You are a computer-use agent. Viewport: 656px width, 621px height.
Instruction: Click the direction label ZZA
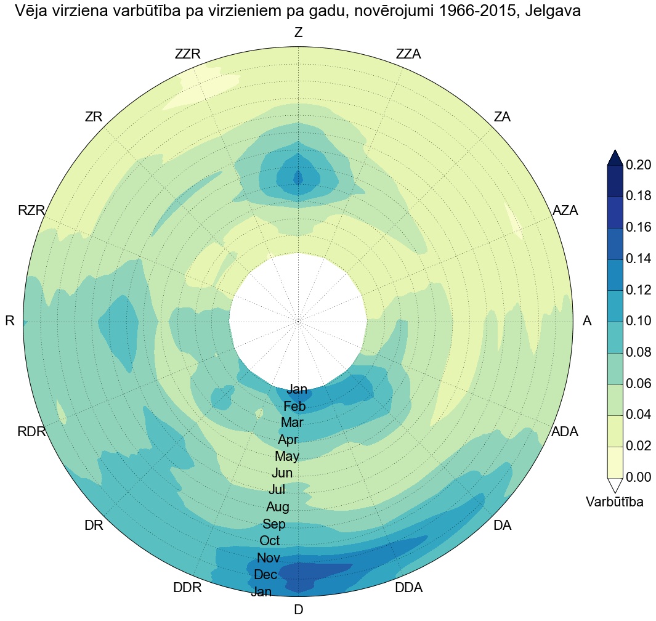pyautogui.click(x=408, y=54)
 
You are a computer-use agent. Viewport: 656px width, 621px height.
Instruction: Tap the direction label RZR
pyautogui.click(x=31, y=211)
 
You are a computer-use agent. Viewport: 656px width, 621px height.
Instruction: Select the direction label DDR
pyautogui.click(x=187, y=588)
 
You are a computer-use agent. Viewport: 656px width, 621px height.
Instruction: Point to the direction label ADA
pyautogui.click(x=565, y=432)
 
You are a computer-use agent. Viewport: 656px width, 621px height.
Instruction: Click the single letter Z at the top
pyautogui.click(x=299, y=33)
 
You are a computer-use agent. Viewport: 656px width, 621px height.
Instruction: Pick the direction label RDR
pyautogui.click(x=32, y=432)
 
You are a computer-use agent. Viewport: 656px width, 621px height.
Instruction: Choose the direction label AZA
pyautogui.click(x=565, y=211)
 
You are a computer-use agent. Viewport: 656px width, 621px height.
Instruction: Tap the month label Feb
pyautogui.click(x=294, y=407)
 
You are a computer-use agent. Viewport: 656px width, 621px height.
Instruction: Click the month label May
pyautogui.click(x=287, y=457)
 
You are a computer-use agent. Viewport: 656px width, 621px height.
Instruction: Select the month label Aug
pyautogui.click(x=278, y=508)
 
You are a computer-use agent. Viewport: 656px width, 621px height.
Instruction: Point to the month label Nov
pyautogui.click(x=268, y=558)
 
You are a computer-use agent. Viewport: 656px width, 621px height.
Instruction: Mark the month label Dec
pyautogui.click(x=265, y=575)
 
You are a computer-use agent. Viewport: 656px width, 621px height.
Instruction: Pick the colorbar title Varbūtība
pyautogui.click(x=615, y=502)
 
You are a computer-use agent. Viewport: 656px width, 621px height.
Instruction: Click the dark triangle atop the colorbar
pyautogui.click(x=615, y=158)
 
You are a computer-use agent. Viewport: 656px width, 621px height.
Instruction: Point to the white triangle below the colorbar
pyautogui.click(x=615, y=485)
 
